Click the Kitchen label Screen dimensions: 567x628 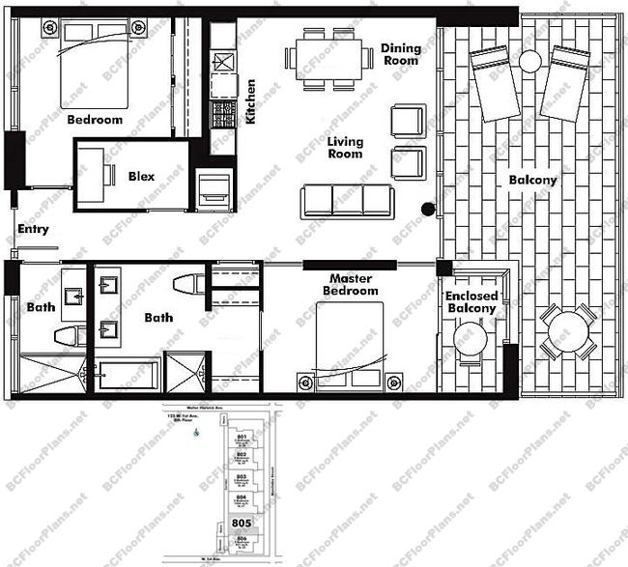pyautogui.click(x=250, y=102)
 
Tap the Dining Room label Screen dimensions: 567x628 pyautogui.click(x=399, y=54)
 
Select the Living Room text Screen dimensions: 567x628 pyautogui.click(x=345, y=147)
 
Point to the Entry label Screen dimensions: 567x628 pyautogui.click(x=33, y=230)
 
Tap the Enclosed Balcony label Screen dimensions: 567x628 pyautogui.click(x=471, y=302)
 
